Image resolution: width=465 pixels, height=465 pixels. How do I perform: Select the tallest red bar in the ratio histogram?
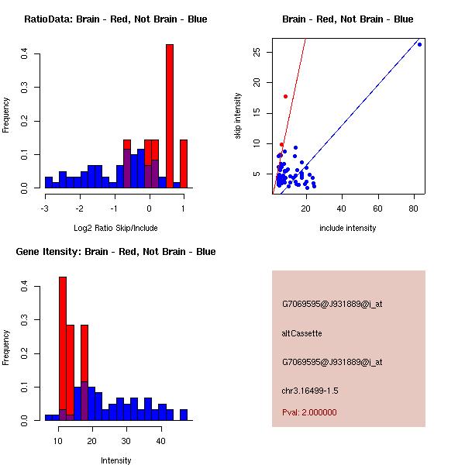(170, 116)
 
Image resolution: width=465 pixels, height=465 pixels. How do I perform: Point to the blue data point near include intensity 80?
(419, 44)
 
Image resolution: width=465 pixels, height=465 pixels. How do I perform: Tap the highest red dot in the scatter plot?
(285, 96)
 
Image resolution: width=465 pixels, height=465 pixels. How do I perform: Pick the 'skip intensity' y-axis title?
(239, 116)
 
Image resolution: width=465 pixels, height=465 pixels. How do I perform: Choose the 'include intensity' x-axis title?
(348, 228)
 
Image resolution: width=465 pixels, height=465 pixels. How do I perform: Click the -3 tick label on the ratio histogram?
(45, 208)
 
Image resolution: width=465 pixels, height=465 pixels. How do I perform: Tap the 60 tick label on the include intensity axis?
(378, 208)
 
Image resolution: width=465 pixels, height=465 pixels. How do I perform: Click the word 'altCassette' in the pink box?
(301, 333)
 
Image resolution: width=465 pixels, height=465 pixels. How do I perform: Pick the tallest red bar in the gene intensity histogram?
(63, 349)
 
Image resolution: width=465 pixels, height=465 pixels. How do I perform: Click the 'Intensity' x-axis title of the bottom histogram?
(116, 460)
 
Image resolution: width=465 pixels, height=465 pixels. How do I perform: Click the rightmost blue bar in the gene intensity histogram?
(184, 415)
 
